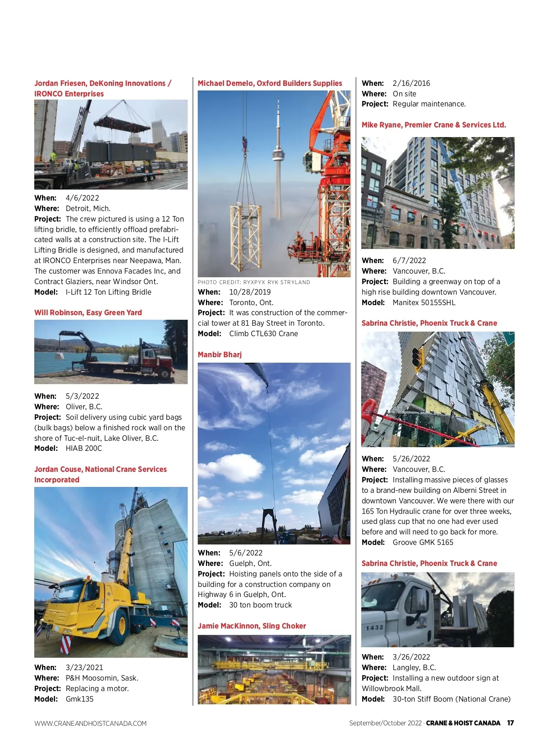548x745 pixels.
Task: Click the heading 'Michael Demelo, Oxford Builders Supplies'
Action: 269,83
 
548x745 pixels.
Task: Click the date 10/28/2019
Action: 250,292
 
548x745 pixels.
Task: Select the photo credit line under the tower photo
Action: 253,282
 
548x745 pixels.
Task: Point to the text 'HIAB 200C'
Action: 84,448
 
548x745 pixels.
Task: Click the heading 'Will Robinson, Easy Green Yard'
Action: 88,312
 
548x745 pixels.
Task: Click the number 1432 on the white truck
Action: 374,627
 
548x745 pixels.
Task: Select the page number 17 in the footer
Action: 510,723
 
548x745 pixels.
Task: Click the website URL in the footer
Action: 90,724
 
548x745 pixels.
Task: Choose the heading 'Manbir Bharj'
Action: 220,354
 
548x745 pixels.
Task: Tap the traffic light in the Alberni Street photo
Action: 417,357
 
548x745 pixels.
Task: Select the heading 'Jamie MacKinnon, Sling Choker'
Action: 252,626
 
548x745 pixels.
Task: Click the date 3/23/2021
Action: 84,667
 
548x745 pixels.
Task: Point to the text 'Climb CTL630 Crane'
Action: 263,333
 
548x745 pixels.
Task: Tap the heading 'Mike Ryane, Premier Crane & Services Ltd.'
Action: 433,125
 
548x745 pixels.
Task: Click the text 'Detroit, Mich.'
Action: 88,208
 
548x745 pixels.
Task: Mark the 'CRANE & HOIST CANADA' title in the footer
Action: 463,723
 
